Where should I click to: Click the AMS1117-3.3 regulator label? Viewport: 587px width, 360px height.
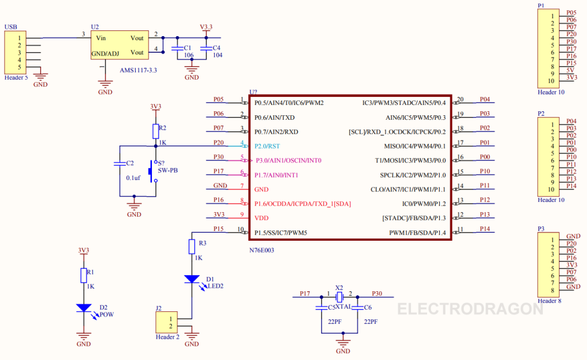138,70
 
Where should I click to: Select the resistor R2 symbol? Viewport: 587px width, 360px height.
155,131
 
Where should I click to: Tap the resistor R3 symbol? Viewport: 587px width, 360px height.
192,246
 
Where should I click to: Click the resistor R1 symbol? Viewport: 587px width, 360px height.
84,275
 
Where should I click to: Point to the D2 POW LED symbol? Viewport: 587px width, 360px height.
84,308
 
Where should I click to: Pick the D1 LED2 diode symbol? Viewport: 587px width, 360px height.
192,279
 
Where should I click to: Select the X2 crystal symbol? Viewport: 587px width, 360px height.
339,296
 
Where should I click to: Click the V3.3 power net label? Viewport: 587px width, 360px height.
206,27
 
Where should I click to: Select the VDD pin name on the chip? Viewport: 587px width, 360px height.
261,218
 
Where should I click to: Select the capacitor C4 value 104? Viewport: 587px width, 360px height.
217,55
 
